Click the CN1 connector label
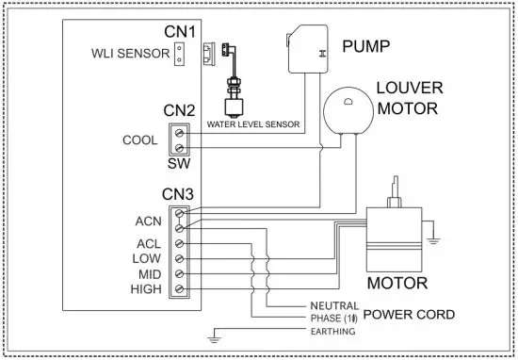click(x=178, y=32)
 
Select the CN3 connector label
click(x=178, y=195)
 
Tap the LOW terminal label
click(x=149, y=257)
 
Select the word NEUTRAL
click(x=333, y=307)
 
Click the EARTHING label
click(x=332, y=332)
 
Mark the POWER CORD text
click(x=410, y=314)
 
